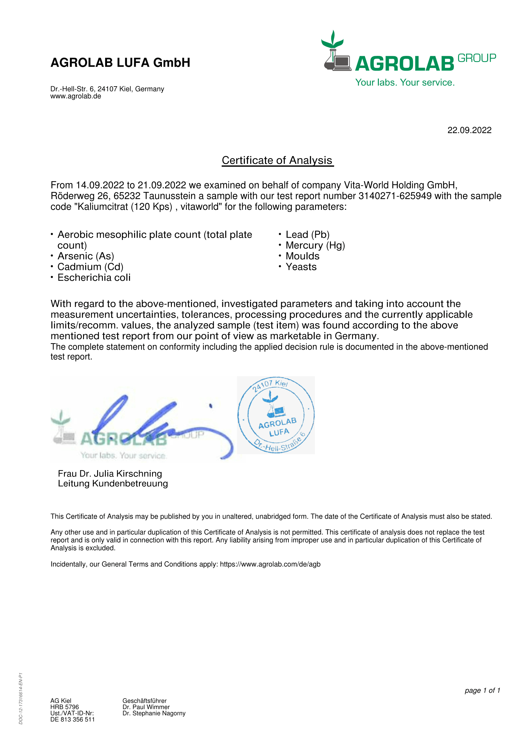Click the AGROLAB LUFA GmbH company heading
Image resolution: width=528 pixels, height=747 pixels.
[x=120, y=63]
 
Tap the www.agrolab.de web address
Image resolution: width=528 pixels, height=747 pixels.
[x=75, y=96]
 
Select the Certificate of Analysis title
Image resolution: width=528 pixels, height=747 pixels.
[x=277, y=160]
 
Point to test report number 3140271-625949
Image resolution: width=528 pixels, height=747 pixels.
[x=394, y=196]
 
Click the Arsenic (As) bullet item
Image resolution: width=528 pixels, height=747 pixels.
[x=86, y=256]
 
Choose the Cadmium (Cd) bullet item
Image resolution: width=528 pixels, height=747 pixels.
[x=90, y=267]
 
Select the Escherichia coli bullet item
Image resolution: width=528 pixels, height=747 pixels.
[x=94, y=278]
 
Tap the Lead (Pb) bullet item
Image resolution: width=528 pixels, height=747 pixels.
[x=307, y=235]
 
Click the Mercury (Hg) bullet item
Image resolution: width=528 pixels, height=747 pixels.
[x=315, y=245]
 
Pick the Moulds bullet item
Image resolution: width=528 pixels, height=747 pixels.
[x=302, y=256]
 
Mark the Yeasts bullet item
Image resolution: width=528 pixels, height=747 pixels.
[x=301, y=267]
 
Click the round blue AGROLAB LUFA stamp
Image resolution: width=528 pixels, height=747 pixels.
[x=276, y=415]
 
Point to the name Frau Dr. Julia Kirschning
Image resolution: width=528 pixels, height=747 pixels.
[x=110, y=473]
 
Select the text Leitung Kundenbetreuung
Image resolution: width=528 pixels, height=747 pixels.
[x=112, y=484]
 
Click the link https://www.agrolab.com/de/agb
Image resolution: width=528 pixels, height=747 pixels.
[x=270, y=564]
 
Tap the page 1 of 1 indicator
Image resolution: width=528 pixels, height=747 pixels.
[x=482, y=690]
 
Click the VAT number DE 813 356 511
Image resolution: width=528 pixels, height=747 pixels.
[x=72, y=719]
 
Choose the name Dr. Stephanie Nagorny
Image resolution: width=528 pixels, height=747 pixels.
[x=154, y=713]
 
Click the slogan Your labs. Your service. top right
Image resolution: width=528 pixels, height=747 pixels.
[x=405, y=82]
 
